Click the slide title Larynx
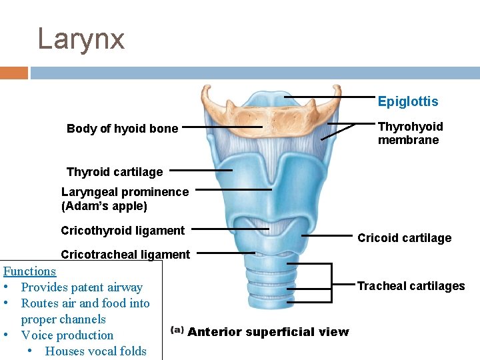point(81,39)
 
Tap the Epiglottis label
point(407,101)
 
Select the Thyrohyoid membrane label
point(410,133)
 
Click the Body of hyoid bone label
point(122,129)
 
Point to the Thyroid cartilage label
point(114,172)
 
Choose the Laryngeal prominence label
point(125,192)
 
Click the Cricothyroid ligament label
point(123,231)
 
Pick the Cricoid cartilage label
point(404,238)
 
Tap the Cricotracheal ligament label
point(125,254)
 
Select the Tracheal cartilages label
point(411,286)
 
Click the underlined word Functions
point(30,271)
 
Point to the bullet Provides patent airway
point(81,287)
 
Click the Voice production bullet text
point(67,335)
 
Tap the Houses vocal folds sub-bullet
point(95,351)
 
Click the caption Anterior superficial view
point(268,332)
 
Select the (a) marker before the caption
point(177,330)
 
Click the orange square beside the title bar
point(13,73)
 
